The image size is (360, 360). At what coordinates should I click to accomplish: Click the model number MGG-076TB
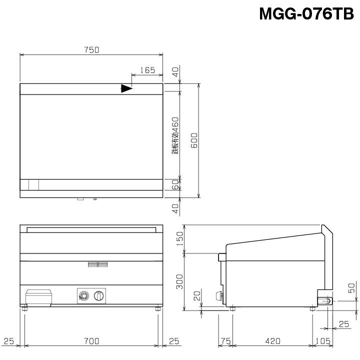point(306,13)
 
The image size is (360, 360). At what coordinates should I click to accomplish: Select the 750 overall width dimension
point(91,49)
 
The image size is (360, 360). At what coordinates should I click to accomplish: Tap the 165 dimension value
point(147,70)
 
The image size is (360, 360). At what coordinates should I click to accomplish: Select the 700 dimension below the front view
point(91,341)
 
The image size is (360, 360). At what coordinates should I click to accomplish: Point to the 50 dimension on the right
point(351,288)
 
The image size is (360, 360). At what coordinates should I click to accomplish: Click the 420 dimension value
point(272,341)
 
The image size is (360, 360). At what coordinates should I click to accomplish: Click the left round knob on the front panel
point(84,296)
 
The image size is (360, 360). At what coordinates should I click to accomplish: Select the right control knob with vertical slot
point(100,296)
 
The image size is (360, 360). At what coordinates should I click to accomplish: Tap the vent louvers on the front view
point(97,264)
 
